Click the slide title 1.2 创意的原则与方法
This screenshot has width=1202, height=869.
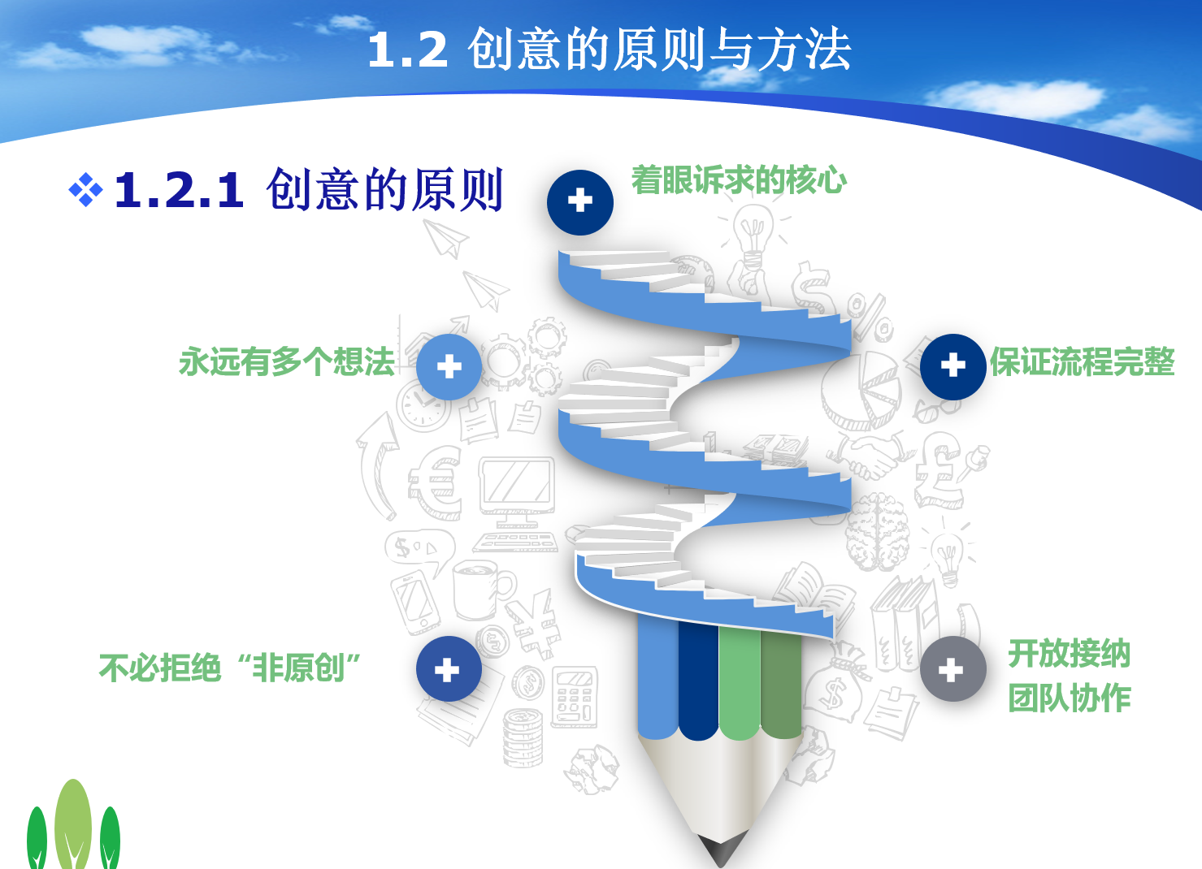609,50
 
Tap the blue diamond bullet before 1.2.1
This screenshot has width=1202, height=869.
86,189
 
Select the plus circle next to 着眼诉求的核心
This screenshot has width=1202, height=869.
580,202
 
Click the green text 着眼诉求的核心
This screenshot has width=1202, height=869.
739,179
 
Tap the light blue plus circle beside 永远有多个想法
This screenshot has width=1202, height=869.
449,366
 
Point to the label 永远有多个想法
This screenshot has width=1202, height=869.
287,361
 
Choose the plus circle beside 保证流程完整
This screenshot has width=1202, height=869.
953,366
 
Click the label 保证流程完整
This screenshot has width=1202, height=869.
1083,361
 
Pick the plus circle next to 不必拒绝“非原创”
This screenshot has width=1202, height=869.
449,668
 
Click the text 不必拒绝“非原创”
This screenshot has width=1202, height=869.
230,668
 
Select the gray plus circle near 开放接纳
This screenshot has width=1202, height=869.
953,668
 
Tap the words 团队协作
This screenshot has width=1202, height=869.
1070,698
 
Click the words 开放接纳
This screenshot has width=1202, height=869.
1070,653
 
